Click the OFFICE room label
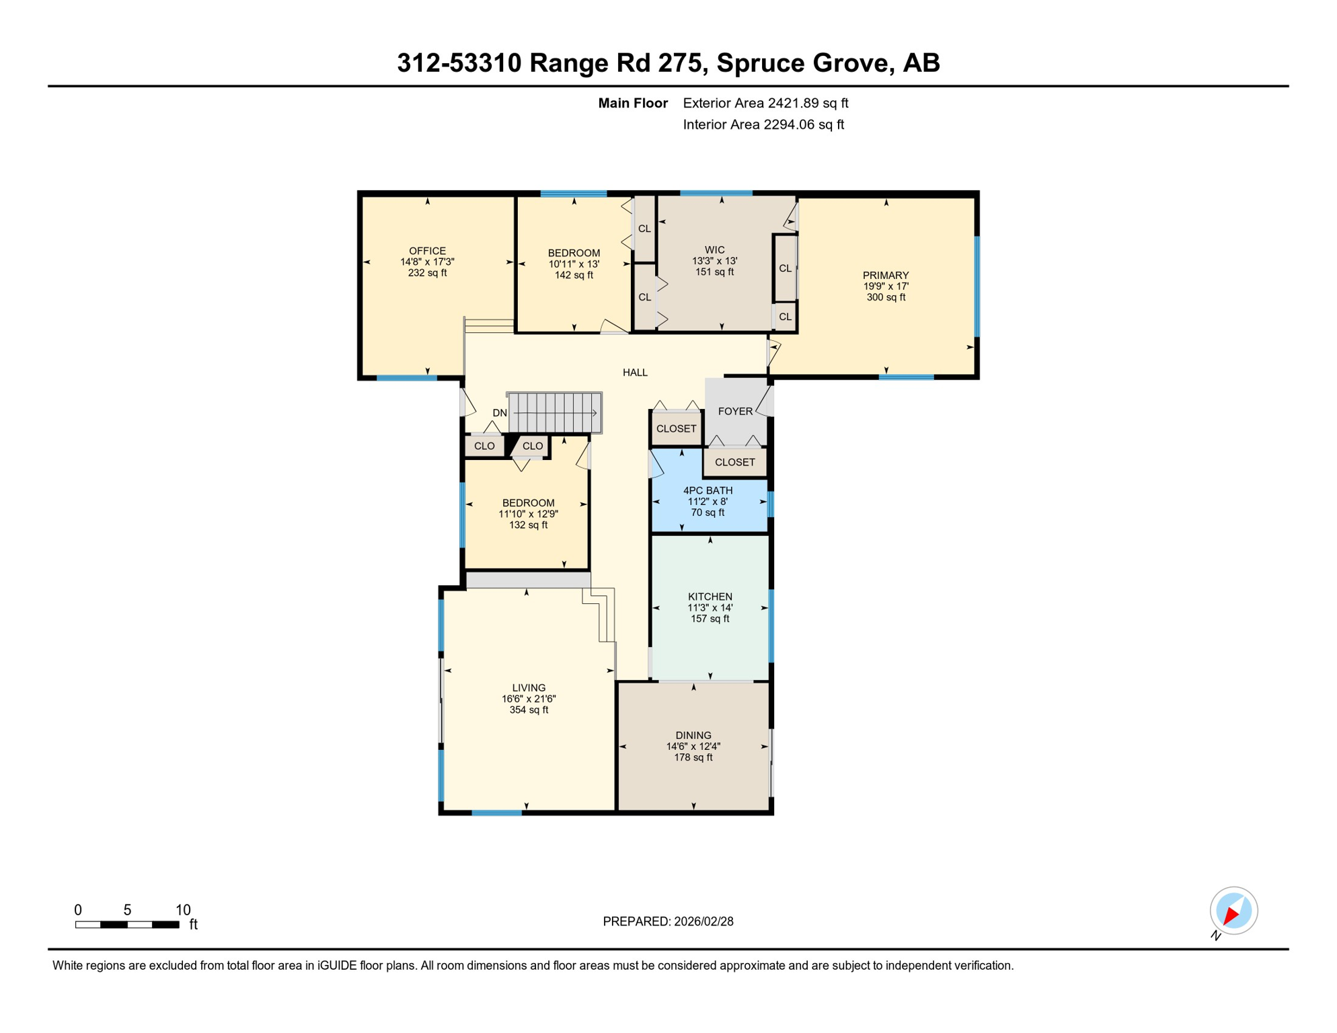pos(427,251)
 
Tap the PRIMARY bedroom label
pos(886,275)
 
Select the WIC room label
pos(715,250)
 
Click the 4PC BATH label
pos(708,490)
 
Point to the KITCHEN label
pos(710,597)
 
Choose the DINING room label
pos(693,735)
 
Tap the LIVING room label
pos(529,687)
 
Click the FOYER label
pos(735,411)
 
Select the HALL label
pos(635,372)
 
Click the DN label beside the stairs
pos(500,413)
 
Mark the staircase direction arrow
pos(556,413)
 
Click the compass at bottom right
pos(1233,911)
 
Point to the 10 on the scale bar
pos(183,910)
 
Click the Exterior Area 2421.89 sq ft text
pos(765,103)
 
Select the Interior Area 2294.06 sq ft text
pos(763,124)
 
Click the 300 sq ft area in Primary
pos(886,297)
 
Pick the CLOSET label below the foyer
pos(734,462)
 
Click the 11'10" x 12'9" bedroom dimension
pos(528,514)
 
